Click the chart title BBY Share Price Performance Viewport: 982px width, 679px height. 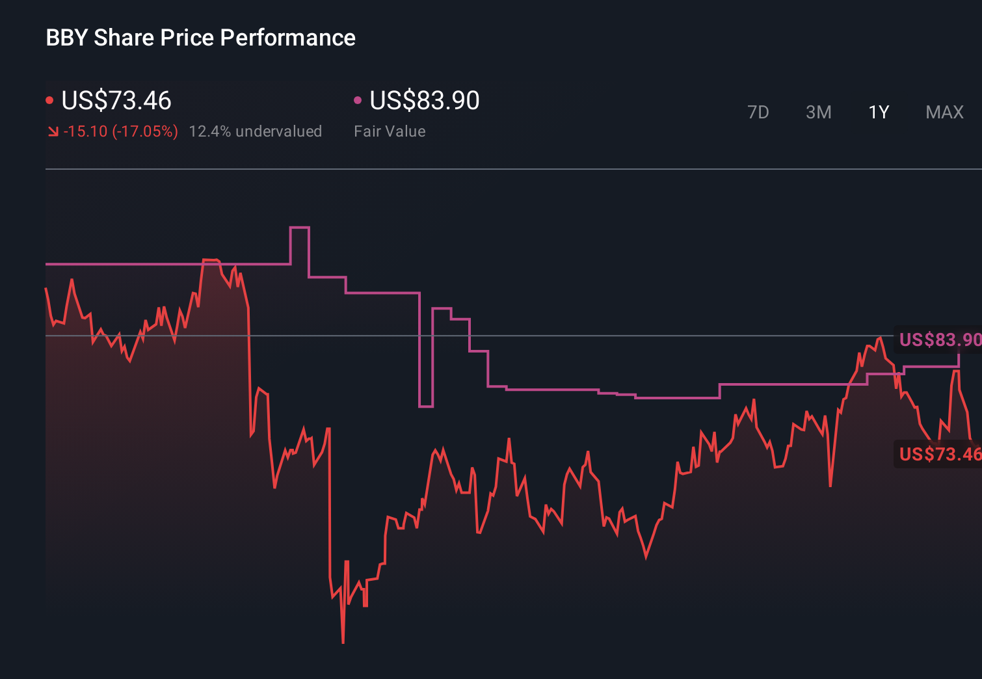pyautogui.click(x=200, y=38)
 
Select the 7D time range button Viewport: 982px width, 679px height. pyautogui.click(x=758, y=113)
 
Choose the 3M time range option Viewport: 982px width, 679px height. pyautogui.click(x=818, y=113)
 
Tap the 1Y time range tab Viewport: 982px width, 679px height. pyautogui.click(x=879, y=113)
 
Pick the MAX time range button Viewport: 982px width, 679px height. pyautogui.click(x=944, y=113)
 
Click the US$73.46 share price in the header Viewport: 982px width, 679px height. pyautogui.click(x=116, y=101)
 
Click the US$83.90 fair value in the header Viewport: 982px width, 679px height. pyautogui.click(x=424, y=101)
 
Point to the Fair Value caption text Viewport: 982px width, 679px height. pyautogui.click(x=390, y=131)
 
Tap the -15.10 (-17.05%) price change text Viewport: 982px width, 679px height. pyautogui.click(x=120, y=131)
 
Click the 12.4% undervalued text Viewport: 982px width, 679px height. pyautogui.click(x=255, y=131)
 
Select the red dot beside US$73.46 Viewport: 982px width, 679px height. pyautogui.click(x=49, y=100)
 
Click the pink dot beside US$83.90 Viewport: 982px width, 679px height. pyautogui.click(x=357, y=100)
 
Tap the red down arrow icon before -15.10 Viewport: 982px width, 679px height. pyautogui.click(x=53, y=132)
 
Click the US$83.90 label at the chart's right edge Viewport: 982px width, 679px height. pyautogui.click(x=939, y=339)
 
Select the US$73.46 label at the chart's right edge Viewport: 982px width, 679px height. pyautogui.click(x=939, y=454)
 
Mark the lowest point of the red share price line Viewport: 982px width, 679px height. pyautogui.click(x=343, y=643)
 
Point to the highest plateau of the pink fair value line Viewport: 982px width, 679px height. pyautogui.click(x=299, y=228)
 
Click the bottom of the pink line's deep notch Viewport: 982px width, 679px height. pyautogui.click(x=426, y=406)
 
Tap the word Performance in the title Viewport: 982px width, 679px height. pyautogui.click(x=287, y=38)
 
